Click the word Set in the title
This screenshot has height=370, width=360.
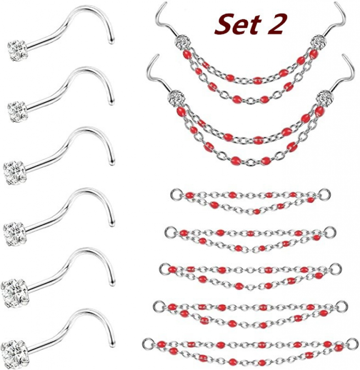[238, 24]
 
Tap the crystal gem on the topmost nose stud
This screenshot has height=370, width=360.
[18, 50]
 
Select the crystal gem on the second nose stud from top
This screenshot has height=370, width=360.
[17, 111]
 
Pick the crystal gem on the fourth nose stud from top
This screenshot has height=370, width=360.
[14, 234]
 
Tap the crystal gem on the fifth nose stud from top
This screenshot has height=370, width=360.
[14, 293]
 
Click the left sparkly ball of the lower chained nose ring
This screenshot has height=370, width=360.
[176, 98]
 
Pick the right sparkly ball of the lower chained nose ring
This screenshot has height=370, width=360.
[324, 98]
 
